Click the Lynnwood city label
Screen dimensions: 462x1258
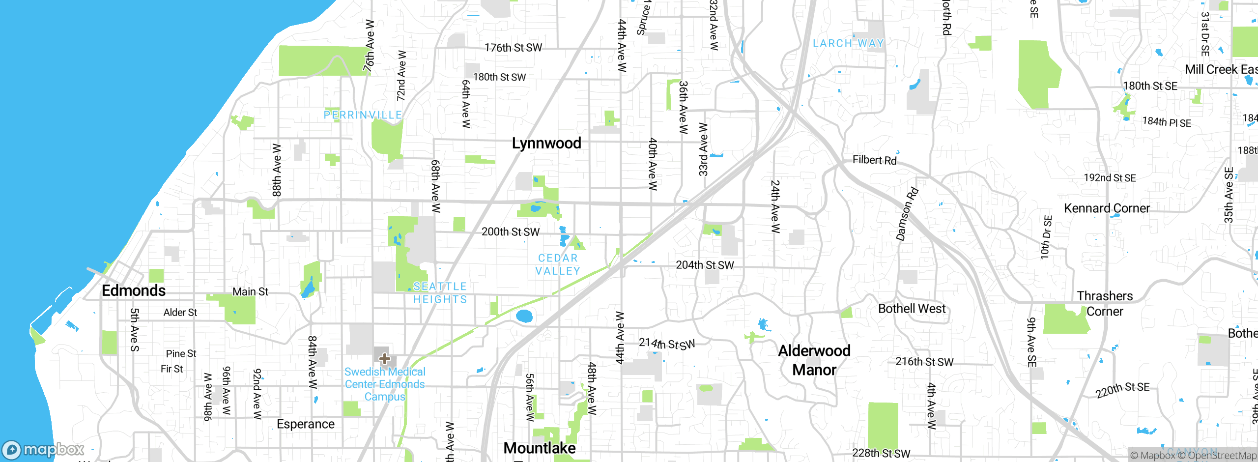(546, 143)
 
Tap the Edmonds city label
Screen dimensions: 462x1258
(134, 290)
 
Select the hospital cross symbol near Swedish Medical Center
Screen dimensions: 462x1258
(385, 358)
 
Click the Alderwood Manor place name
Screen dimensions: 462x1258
(814, 360)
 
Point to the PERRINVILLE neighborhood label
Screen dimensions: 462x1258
(363, 115)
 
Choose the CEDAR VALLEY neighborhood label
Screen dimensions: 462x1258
(558, 264)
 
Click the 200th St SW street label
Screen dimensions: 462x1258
(511, 231)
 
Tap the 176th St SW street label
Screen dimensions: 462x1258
(513, 48)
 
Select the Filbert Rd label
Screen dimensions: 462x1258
(874, 160)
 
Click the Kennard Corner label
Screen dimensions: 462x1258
(1107, 208)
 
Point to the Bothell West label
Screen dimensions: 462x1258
(912, 309)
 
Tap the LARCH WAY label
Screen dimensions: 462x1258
(848, 43)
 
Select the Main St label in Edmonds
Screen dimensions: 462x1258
(250, 291)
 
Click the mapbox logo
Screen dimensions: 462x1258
(43, 449)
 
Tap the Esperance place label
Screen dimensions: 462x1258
(306, 424)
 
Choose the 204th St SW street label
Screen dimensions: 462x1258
(705, 265)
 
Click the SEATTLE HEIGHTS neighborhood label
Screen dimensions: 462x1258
(440, 293)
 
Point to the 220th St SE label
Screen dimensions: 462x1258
(1122, 390)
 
